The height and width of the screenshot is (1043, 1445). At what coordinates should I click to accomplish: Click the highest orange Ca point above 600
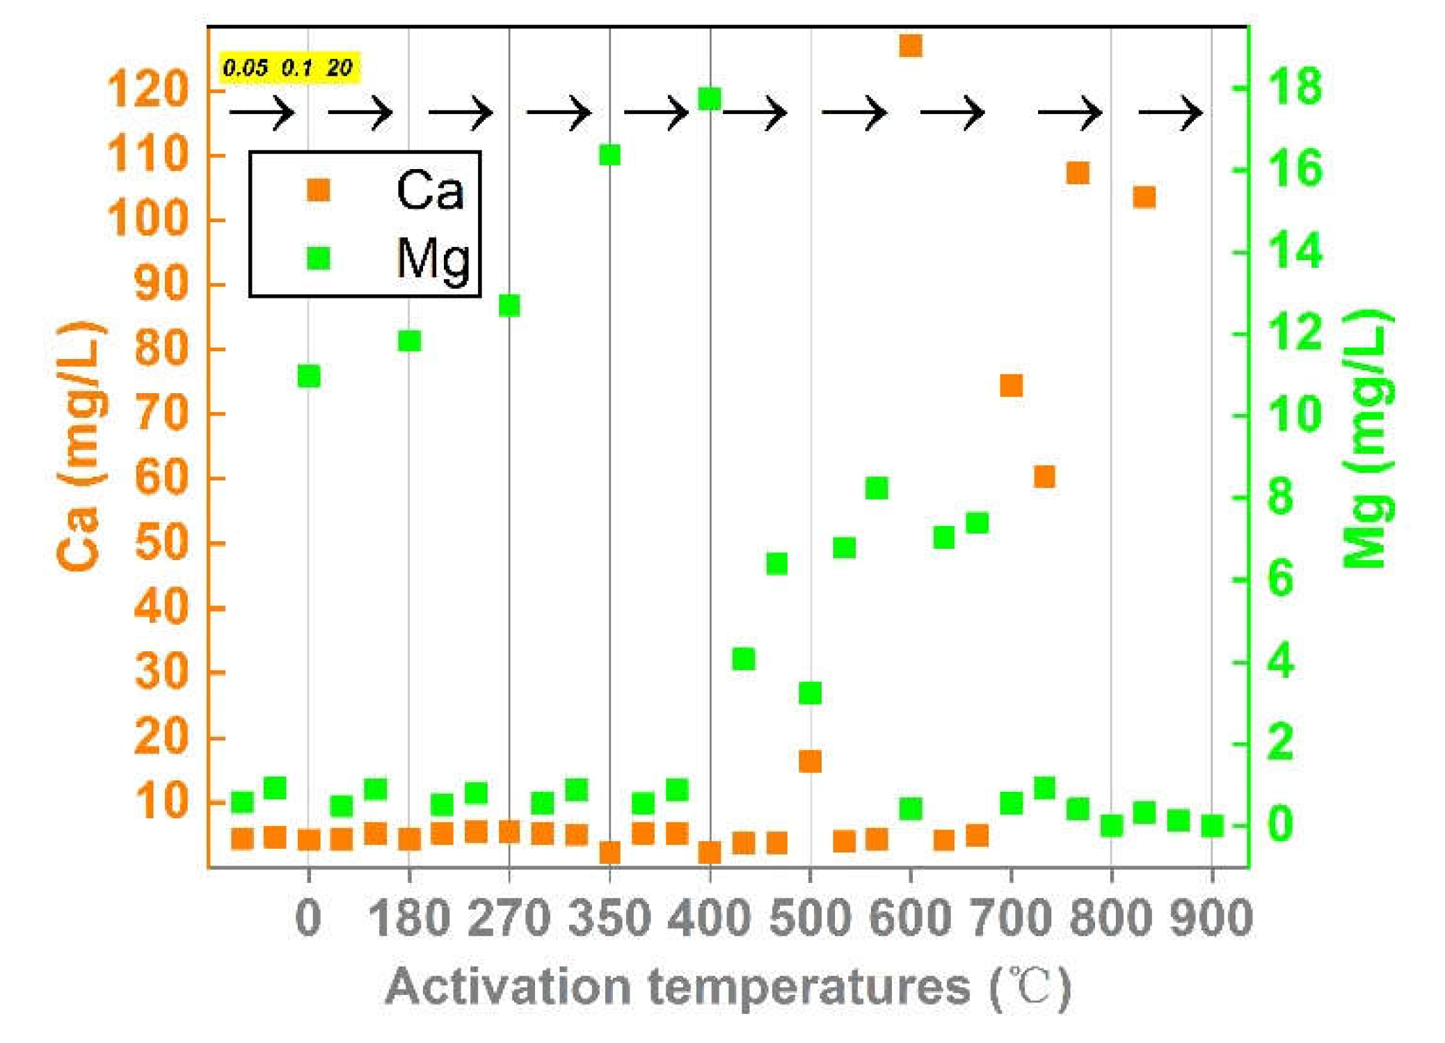[x=910, y=46]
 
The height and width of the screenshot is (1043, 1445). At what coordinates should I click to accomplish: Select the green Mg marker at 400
[x=709, y=99]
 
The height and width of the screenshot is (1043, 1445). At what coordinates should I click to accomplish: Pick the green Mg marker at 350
[x=609, y=155]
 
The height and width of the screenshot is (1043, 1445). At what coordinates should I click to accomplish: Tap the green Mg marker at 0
[x=309, y=376]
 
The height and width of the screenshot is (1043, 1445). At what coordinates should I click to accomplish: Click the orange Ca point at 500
[x=810, y=761]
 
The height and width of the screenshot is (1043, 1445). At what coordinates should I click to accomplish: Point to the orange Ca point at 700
[x=1011, y=385]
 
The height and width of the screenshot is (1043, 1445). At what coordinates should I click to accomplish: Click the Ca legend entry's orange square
[x=319, y=189]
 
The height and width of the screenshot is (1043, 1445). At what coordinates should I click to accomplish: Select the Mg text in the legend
[x=433, y=259]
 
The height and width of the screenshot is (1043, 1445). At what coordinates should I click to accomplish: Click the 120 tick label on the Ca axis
[x=148, y=90]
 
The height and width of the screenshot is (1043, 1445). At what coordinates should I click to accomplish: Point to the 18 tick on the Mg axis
[x=1294, y=87]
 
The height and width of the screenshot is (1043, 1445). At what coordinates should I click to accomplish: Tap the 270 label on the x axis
[x=509, y=918]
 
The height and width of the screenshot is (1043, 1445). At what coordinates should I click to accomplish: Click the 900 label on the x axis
[x=1211, y=918]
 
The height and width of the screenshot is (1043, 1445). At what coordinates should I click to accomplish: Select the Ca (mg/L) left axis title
[x=80, y=445]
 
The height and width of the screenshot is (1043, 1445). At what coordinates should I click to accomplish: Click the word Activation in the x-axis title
[x=508, y=987]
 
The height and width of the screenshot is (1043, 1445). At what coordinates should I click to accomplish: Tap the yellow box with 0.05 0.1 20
[x=289, y=68]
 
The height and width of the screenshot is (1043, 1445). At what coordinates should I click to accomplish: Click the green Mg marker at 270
[x=509, y=305]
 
